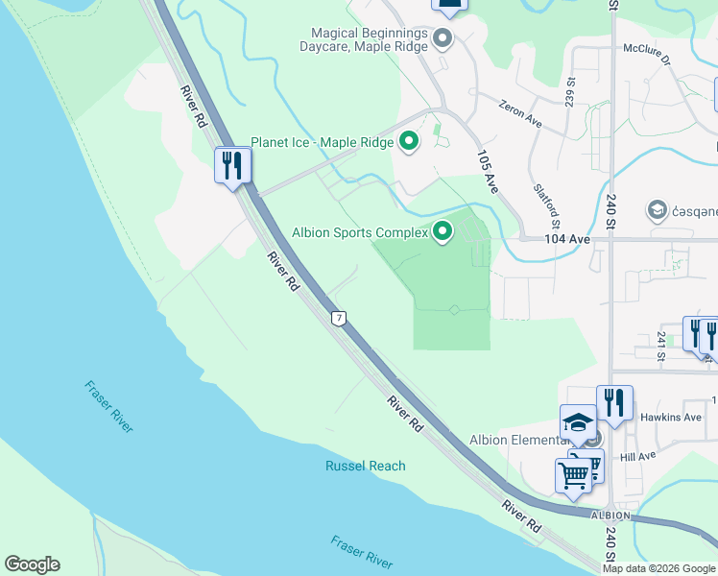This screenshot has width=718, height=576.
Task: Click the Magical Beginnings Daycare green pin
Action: pos(443,39)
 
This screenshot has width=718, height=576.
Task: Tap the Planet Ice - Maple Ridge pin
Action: pos(409,142)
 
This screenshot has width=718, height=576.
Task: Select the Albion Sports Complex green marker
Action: pos(443,231)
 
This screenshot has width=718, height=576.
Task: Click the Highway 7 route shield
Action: pos(338,318)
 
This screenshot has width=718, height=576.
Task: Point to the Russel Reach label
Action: pos(364,466)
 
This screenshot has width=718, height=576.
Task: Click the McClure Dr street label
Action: pos(650,49)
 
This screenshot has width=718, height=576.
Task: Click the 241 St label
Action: pos(661,347)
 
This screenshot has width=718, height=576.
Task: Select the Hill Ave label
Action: pos(636,457)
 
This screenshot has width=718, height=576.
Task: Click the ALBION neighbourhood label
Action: pos(610,516)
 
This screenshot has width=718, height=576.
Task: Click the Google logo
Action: pos(33,564)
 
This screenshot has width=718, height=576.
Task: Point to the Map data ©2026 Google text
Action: pos(658,568)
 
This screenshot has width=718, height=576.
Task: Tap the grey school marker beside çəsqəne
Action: pos(658,209)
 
